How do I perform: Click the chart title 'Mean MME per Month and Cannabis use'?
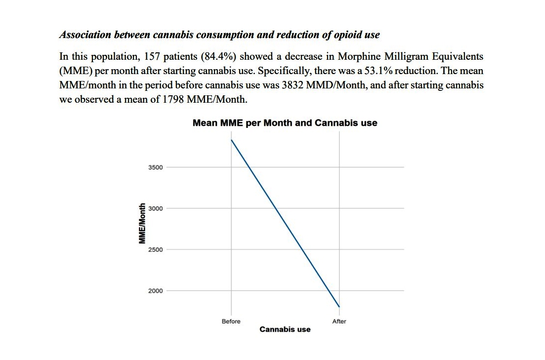click(285, 123)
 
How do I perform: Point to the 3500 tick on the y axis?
click(155, 167)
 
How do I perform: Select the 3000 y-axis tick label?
click(155, 208)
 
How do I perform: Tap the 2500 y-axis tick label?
click(155, 250)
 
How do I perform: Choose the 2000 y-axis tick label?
click(155, 291)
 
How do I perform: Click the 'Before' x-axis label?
click(231, 321)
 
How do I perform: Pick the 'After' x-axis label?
click(339, 321)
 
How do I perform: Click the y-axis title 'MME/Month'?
click(142, 224)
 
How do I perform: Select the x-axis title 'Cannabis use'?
click(285, 329)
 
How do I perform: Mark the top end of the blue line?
click(231, 140)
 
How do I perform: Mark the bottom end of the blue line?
click(339, 307)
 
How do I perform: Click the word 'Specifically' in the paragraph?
click(285, 71)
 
